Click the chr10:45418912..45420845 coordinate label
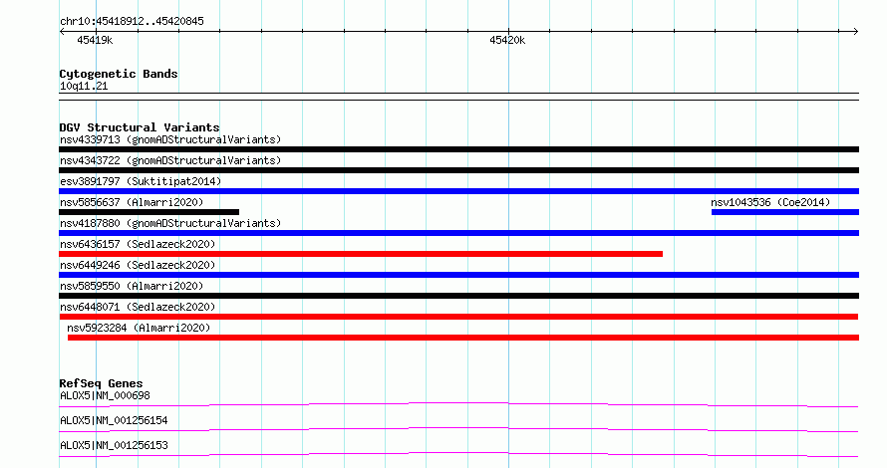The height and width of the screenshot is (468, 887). click(x=132, y=22)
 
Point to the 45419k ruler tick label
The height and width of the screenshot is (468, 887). click(x=95, y=40)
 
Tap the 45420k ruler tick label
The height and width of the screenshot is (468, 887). click(x=507, y=40)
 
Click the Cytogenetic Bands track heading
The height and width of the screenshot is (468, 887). click(x=119, y=74)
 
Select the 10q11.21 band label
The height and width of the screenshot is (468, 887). click(x=84, y=86)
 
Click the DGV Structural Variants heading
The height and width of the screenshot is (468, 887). click(x=140, y=127)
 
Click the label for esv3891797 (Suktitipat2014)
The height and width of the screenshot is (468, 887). click(x=141, y=181)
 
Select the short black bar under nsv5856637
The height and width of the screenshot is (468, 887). click(x=148, y=212)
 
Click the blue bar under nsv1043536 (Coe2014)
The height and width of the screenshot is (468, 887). click(x=785, y=212)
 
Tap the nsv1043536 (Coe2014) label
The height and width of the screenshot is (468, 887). click(x=770, y=202)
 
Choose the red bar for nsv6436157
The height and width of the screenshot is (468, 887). click(x=361, y=254)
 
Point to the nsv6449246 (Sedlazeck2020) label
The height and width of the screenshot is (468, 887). click(x=138, y=265)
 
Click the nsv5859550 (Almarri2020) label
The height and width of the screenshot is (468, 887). click(x=132, y=286)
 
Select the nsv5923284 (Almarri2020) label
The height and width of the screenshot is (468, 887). click(x=139, y=328)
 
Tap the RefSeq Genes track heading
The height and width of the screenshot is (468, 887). click(x=101, y=383)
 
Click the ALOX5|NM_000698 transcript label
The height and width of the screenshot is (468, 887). click(x=105, y=395)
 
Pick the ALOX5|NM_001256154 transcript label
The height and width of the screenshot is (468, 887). click(x=114, y=420)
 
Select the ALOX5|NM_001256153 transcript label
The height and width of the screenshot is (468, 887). click(x=114, y=445)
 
